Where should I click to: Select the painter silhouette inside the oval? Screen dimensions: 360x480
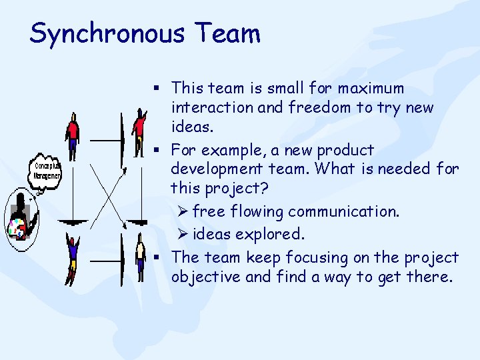pyautogui.click(x=21, y=217)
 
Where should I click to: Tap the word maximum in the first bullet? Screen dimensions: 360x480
pyautogui.click(x=371, y=88)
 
